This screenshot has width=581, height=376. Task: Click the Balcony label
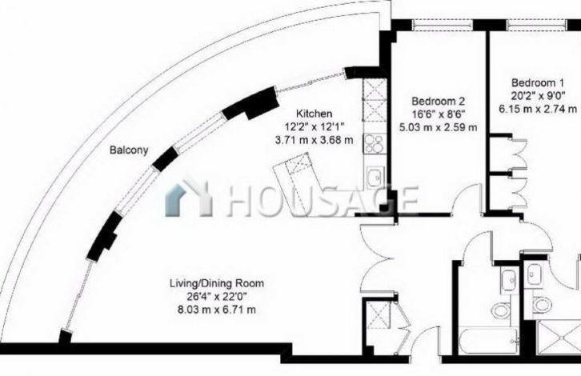[129, 150]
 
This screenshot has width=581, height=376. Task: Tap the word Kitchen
[315, 114]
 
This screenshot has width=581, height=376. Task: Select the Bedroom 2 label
[439, 101]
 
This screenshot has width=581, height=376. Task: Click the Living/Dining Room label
[217, 283]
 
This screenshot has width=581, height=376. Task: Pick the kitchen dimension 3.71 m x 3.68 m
[314, 140]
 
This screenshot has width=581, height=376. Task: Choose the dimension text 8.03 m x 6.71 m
[217, 310]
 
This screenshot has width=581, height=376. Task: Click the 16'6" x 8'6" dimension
[439, 114]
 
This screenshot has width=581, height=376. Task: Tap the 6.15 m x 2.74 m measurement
[538, 109]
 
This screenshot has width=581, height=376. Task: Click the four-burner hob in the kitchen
[374, 144]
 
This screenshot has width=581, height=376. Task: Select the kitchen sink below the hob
[375, 177]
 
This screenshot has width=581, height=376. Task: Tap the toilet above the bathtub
[501, 310]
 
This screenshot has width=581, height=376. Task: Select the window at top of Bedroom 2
[443, 25]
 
